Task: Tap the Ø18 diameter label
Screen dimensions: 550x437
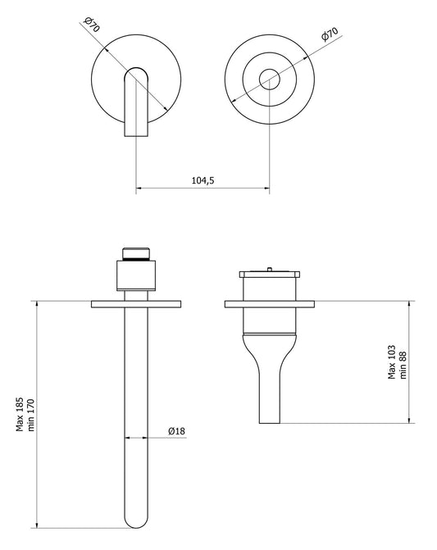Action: coord(176,430)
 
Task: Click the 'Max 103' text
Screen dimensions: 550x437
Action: coord(392,362)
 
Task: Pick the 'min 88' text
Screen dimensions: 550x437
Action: coord(403,362)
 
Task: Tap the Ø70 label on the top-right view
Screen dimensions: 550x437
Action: coord(328,36)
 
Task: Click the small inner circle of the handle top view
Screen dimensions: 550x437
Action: coord(268,80)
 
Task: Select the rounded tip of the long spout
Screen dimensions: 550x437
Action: coord(136,521)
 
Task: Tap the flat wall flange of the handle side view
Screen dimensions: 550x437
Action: coord(268,305)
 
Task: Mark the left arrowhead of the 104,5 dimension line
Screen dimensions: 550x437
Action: coord(139,189)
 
